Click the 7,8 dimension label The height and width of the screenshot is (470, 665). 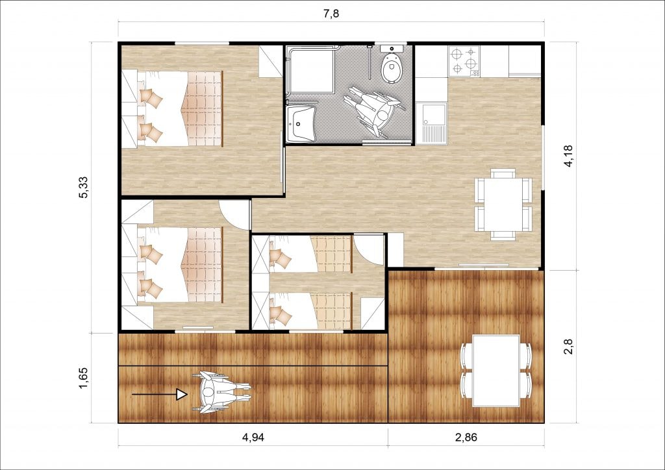331,14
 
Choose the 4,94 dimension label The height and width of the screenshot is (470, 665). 253,438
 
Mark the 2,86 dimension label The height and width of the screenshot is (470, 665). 466,438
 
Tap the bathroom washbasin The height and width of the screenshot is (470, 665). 301,124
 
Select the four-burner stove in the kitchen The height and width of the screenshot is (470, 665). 464,62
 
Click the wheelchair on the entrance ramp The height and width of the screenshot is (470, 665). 221,393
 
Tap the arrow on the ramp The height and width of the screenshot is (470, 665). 160,395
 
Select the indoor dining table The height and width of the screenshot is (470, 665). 503,204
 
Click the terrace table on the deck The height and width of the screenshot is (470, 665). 496,371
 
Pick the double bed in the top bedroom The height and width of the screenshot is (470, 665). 180,108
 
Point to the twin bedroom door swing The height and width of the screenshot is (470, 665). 368,250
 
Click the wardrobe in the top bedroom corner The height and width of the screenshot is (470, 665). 271,62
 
